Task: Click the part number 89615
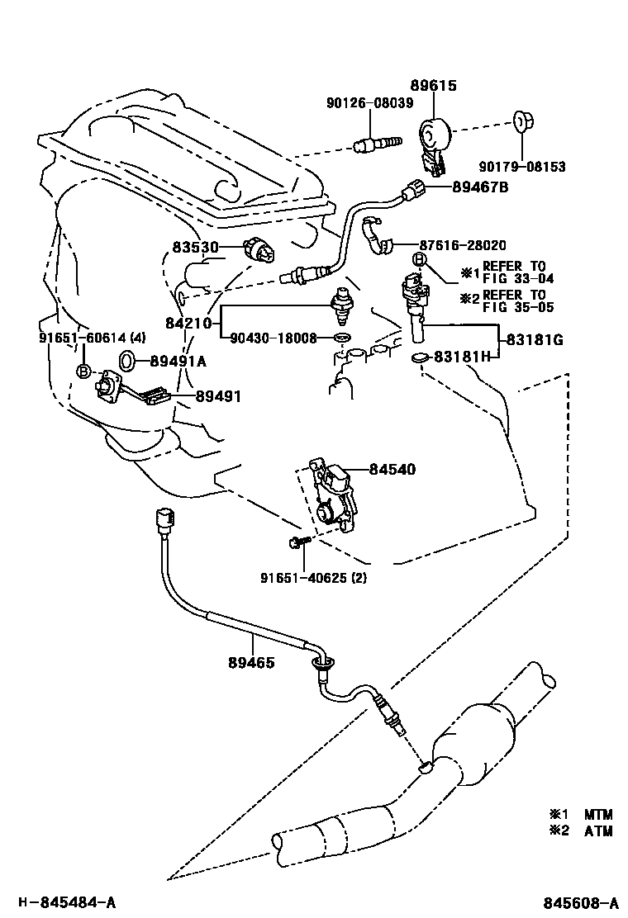click(433, 86)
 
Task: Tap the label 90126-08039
click(369, 103)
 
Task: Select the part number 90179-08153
click(522, 167)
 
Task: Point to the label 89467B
click(480, 187)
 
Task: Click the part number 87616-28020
click(463, 245)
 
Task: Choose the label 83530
click(195, 248)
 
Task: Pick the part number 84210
click(188, 323)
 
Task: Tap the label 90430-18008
click(273, 338)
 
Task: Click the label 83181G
click(535, 339)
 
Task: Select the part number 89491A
click(178, 362)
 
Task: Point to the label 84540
click(392, 469)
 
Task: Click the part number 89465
click(250, 663)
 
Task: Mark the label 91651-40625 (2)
click(313, 578)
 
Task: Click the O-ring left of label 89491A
click(128, 361)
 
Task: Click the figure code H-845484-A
click(66, 902)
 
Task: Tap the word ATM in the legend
click(598, 830)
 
